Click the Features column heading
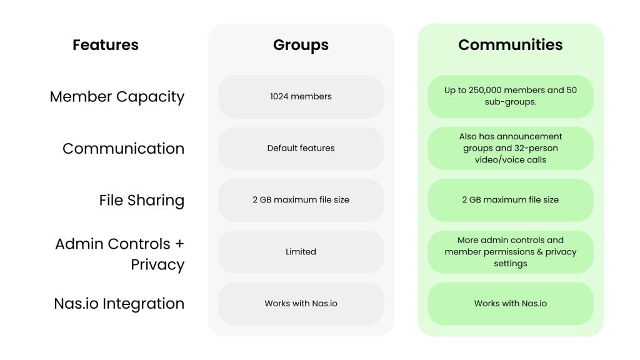[105, 45]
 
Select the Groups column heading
[301, 45]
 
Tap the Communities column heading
[510, 45]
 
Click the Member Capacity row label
[117, 97]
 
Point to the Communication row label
[123, 149]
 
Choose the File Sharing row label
[142, 201]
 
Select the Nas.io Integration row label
[119, 304]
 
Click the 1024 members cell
[301, 97]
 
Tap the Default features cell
[301, 148]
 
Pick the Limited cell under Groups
[301, 252]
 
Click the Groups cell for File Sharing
[301, 200]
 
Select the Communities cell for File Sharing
[510, 200]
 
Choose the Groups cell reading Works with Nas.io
[301, 304]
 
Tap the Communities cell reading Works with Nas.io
[510, 304]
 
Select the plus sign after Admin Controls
[179, 244]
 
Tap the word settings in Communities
[510, 264]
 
